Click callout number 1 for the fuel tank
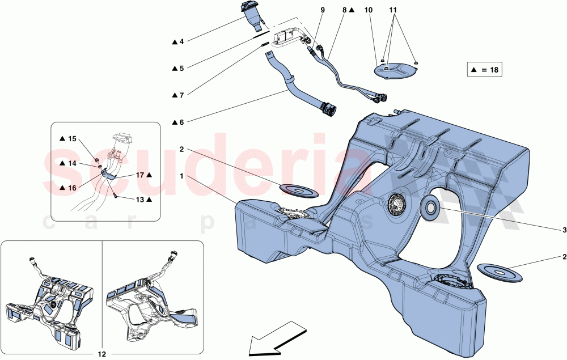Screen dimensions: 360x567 [183, 176]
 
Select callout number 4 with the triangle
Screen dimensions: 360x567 [181, 41]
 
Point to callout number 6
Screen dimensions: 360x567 [181, 121]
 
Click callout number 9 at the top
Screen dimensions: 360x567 [323, 10]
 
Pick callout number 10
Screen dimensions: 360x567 [369, 10]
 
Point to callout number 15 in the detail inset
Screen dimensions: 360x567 [72, 139]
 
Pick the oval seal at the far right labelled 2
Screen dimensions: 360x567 [499, 272]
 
